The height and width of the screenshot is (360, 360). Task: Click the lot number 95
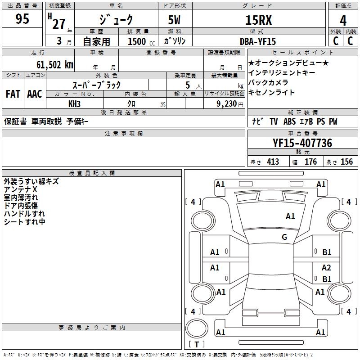pyautogui.click(x=22, y=19)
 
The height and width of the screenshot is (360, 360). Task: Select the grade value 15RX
pyautogui.click(x=258, y=20)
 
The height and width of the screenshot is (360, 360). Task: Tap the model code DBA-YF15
pyautogui.click(x=258, y=41)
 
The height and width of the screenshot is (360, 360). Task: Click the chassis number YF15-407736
pyautogui.click(x=302, y=144)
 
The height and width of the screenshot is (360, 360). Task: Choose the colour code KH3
pyautogui.click(x=74, y=103)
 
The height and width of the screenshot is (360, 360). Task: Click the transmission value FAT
pyautogui.click(x=13, y=94)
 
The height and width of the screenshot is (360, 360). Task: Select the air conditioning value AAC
pyautogui.click(x=34, y=94)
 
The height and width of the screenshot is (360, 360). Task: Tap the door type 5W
pyautogui.click(x=175, y=20)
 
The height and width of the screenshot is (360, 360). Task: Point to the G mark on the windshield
pyautogui.click(x=284, y=237)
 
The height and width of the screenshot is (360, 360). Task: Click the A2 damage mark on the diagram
pyautogui.click(x=326, y=267)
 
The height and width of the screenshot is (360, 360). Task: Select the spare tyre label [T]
pyautogui.click(x=197, y=344)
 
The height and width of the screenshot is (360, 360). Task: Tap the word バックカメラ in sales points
pyautogui.click(x=268, y=82)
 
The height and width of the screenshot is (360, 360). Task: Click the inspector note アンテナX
pyautogui.click(x=21, y=189)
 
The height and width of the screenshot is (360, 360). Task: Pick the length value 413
pyautogui.click(x=273, y=162)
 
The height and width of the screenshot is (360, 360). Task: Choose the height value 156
pyautogui.click(x=346, y=162)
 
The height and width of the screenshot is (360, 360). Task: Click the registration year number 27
pyautogui.click(x=59, y=23)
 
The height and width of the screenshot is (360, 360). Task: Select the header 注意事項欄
pyautogui.click(x=123, y=134)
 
